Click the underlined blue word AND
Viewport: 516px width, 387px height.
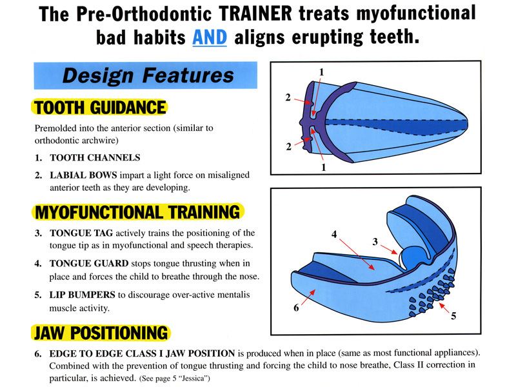(210, 37)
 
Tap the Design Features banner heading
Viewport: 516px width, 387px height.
(148, 75)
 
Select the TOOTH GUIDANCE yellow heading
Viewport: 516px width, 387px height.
(100, 107)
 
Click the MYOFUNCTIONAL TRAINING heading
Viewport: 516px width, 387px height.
(138, 212)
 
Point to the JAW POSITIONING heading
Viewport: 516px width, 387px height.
(101, 333)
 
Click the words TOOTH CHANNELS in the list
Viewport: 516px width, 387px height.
(95, 157)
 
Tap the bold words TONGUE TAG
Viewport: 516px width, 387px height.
(81, 233)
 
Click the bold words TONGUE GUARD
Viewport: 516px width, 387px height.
(89, 263)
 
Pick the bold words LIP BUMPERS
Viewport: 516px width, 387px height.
(83, 295)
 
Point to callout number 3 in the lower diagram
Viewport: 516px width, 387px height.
(375, 242)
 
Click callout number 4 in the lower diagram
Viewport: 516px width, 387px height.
(334, 234)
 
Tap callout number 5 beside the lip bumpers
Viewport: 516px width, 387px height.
(453, 316)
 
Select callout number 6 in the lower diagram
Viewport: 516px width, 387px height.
(296, 308)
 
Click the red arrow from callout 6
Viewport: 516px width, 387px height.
(308, 297)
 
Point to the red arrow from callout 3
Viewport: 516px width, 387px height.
(390, 250)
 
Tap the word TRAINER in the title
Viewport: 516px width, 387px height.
(255, 14)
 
